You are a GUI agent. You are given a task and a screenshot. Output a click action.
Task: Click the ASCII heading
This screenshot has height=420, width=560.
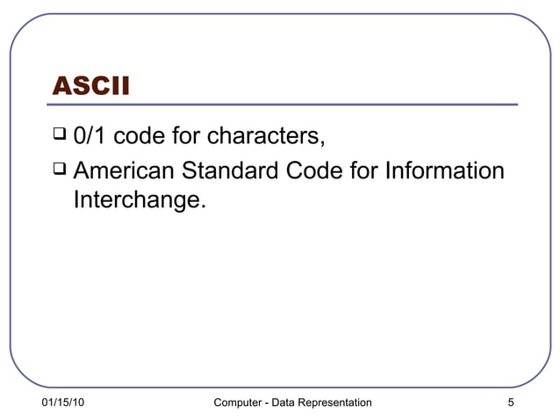[91, 86]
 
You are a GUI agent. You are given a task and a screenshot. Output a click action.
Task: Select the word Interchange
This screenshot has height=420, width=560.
[140, 201]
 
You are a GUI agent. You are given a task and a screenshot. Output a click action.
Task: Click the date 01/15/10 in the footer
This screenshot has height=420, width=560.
[63, 402]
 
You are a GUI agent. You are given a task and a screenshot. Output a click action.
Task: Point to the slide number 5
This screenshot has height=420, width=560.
[510, 402]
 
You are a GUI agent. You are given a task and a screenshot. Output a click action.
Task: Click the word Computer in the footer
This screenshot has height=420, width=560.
[238, 402]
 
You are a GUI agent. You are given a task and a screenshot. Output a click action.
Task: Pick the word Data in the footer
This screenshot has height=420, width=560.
[284, 402]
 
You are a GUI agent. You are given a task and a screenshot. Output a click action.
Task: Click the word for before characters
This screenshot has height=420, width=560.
[185, 137]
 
